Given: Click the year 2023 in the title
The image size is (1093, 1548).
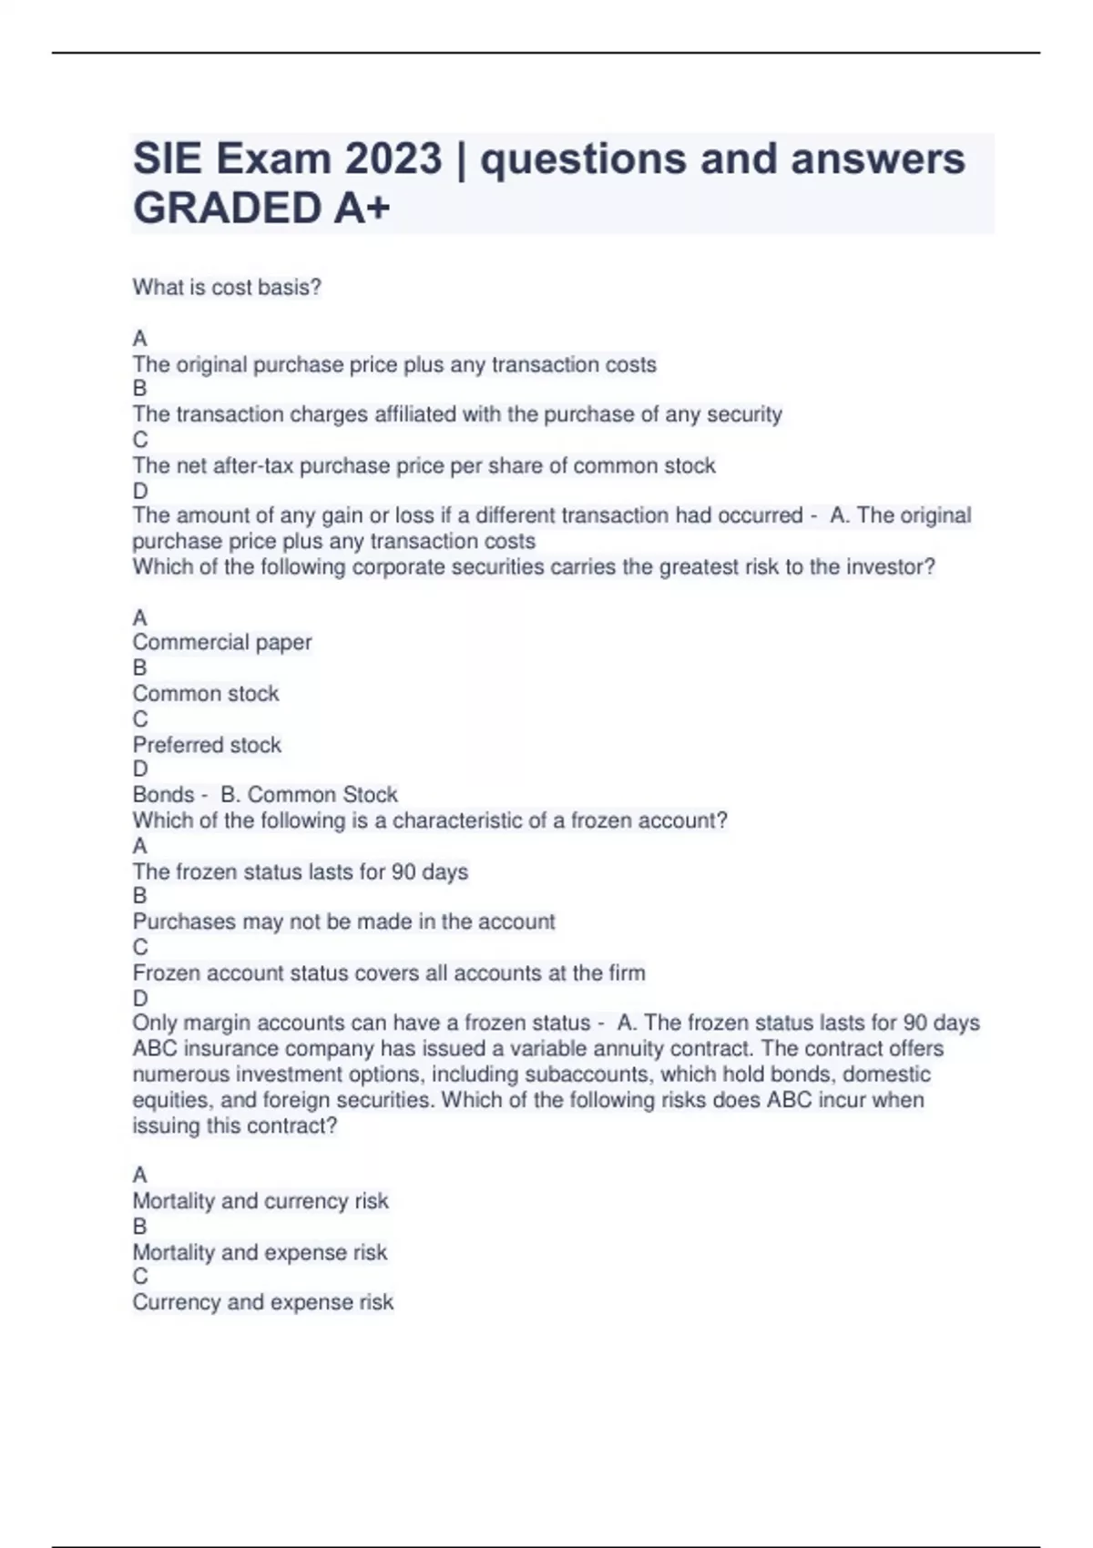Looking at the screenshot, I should (393, 159).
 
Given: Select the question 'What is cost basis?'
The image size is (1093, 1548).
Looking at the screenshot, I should (227, 288).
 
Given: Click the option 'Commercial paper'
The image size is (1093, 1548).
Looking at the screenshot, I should (222, 643).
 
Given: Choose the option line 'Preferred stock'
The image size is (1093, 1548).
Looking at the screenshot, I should (207, 745).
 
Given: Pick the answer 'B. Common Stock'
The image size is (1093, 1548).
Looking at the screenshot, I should (309, 795).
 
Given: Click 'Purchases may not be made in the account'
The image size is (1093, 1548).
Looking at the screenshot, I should (343, 922).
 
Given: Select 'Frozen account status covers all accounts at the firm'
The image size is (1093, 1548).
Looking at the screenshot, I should (389, 973).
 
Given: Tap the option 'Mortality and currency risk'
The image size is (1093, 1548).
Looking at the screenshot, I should (260, 1201).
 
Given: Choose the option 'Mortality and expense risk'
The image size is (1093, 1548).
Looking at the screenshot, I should (260, 1253).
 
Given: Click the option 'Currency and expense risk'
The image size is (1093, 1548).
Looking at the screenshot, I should (262, 1303).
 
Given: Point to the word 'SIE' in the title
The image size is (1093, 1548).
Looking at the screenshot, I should (168, 159).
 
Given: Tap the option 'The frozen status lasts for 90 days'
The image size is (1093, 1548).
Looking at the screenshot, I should (301, 872).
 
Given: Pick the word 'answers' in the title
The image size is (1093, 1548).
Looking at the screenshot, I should (877, 159).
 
